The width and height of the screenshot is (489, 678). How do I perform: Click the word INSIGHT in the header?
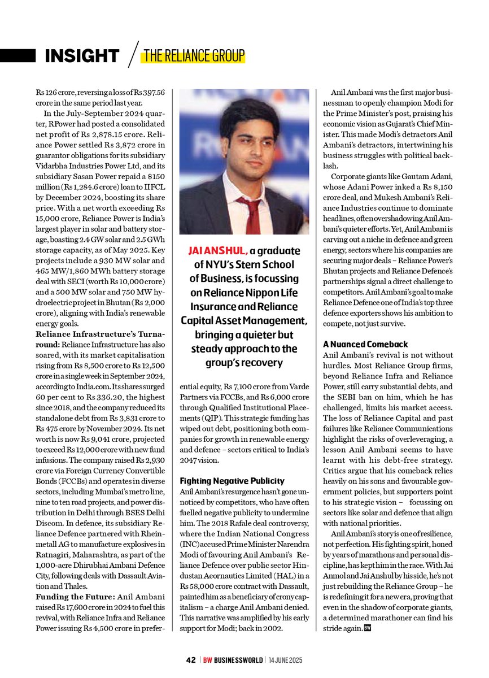coord(82,55)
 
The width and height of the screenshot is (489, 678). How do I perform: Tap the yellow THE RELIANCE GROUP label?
coord(194,55)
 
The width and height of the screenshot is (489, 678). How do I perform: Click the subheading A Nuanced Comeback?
coord(365,344)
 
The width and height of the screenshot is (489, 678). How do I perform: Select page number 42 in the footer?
coord(191,660)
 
